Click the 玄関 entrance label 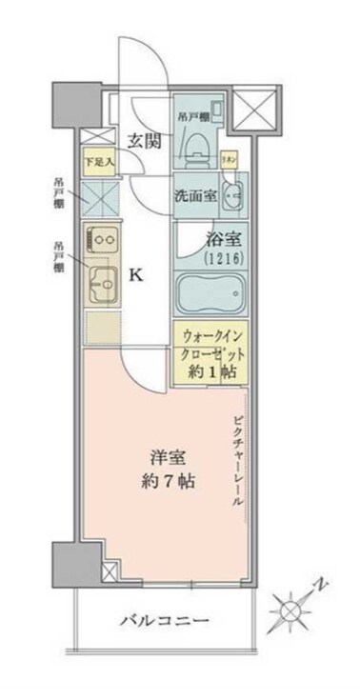[x=145, y=142]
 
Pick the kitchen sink [x=102, y=281]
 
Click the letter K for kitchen [x=135, y=277]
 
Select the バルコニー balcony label [x=164, y=621]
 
